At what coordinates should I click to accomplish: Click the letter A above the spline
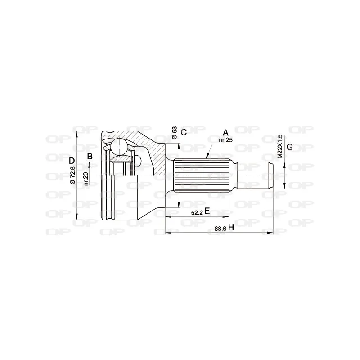226,132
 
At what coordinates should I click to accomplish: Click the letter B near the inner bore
90,156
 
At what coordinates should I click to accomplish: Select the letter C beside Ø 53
184,132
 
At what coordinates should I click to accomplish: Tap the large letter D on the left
72,161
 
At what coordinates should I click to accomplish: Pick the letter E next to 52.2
207,211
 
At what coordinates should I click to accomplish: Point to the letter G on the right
290,147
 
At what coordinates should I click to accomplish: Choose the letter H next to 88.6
231,228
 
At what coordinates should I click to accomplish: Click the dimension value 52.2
197,213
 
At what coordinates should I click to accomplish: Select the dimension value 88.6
220,229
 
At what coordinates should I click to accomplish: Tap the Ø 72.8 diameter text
72,175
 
